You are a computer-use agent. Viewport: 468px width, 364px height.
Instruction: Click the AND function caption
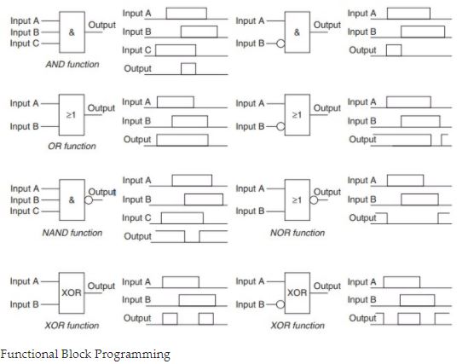tap(72, 64)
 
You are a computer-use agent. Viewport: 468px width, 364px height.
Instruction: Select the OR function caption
tap(72, 146)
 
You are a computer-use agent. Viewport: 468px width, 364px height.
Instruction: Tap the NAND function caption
tap(72, 233)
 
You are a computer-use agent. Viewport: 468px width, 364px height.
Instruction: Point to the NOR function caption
tap(298, 233)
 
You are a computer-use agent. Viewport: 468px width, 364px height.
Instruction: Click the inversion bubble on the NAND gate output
tap(89, 199)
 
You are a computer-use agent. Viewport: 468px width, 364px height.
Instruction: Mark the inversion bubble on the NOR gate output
tap(314, 199)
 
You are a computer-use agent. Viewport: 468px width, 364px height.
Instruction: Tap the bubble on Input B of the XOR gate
tap(280, 304)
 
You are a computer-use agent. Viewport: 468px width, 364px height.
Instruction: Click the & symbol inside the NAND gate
tap(72, 199)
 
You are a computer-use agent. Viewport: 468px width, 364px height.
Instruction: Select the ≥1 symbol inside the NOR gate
tap(297, 199)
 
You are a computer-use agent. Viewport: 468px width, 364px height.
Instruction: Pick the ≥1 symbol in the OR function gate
tap(71, 115)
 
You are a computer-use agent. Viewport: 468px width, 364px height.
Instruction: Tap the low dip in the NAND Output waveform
tap(192, 242)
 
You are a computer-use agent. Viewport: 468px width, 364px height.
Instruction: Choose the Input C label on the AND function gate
tap(25, 43)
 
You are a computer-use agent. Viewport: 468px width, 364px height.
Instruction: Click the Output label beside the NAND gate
tap(101, 192)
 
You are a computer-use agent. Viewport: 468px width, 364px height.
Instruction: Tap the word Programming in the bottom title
tap(132, 355)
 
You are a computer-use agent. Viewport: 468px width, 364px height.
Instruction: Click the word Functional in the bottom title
tap(29, 354)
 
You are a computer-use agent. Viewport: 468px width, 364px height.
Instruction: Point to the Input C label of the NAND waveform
tap(136, 218)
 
